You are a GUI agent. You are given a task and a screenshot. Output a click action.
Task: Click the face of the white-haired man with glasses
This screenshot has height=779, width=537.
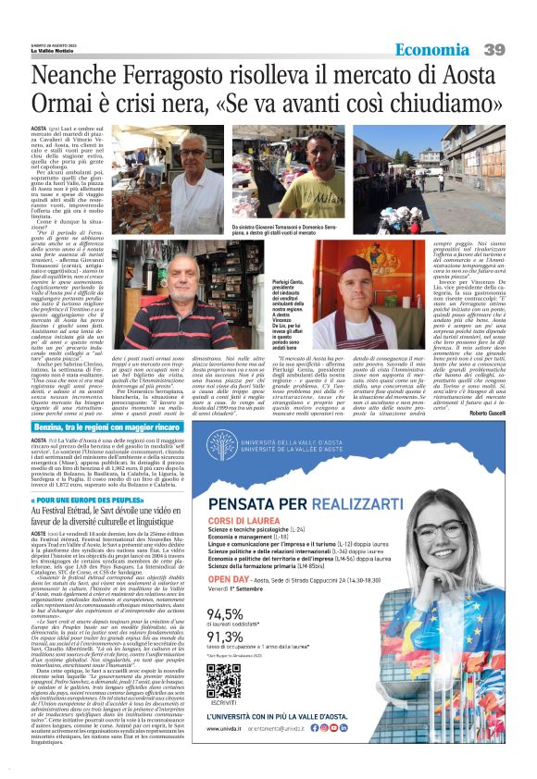coord(193,147)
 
